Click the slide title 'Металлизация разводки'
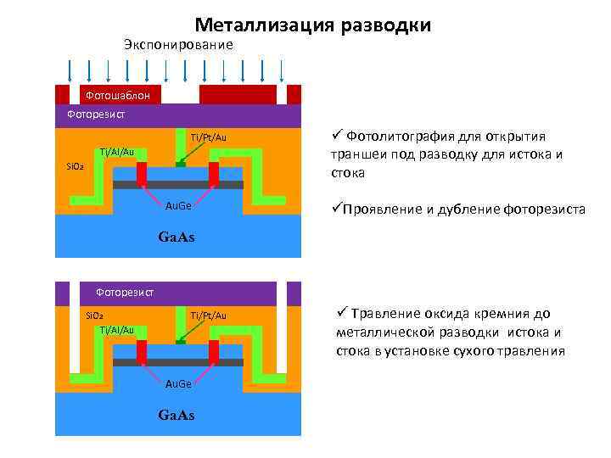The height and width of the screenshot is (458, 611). click(x=312, y=25)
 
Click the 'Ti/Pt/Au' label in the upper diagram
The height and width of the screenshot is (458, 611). click(x=208, y=137)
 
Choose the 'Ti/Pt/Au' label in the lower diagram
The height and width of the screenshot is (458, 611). click(x=208, y=316)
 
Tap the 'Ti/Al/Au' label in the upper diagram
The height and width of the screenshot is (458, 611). click(x=116, y=152)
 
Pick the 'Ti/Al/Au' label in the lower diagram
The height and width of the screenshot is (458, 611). click(x=116, y=329)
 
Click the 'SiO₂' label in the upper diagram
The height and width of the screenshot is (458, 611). click(x=75, y=166)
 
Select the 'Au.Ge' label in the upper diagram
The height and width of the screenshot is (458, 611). click(x=178, y=205)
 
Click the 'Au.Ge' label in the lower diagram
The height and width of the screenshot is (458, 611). click(x=178, y=384)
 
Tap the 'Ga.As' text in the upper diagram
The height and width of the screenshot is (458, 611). click(x=177, y=237)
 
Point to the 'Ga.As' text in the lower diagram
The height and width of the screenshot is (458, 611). click(x=177, y=415)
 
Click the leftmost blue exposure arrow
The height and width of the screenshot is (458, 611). click(x=68, y=70)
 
